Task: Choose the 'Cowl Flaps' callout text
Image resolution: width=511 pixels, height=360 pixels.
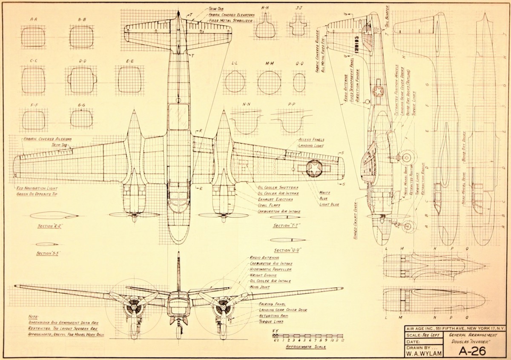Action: tap(269, 205)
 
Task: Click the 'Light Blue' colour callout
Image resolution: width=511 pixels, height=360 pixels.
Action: tap(329, 205)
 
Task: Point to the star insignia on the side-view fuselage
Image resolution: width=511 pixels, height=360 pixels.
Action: tap(377, 91)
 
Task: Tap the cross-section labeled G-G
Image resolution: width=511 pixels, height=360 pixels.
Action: tap(81, 119)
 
